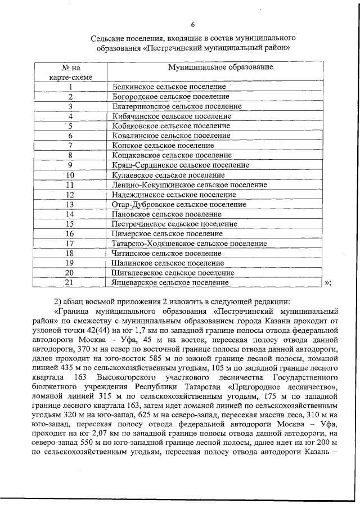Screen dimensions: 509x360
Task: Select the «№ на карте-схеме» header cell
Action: pyautogui.click(x=71, y=72)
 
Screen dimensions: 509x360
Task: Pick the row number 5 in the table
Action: pyautogui.click(x=71, y=126)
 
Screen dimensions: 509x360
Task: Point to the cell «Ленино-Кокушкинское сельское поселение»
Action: pyautogui.click(x=190, y=184)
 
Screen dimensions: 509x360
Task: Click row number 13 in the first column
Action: pyautogui.click(x=71, y=204)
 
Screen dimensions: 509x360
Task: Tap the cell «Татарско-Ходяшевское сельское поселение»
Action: pyautogui.click(x=190, y=244)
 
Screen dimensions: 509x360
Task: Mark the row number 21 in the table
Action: pyautogui.click(x=71, y=282)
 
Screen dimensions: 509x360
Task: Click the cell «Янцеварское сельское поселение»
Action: pyautogui.click(x=170, y=282)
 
